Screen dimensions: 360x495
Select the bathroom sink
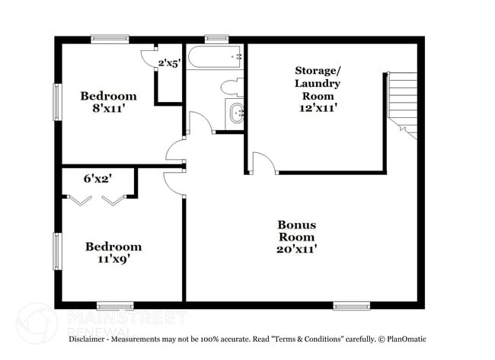click(235, 114)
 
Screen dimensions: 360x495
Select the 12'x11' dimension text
click(318, 108)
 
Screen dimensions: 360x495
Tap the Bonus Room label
click(296, 231)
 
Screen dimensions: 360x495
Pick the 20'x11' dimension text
click(296, 248)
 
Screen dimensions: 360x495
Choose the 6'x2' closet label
click(98, 179)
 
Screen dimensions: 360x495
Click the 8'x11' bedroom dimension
click(108, 109)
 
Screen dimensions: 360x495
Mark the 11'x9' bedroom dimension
click(113, 260)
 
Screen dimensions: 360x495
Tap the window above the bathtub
click(217, 38)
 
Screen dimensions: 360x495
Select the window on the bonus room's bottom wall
click(351, 306)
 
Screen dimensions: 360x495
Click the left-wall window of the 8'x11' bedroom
click(56, 102)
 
